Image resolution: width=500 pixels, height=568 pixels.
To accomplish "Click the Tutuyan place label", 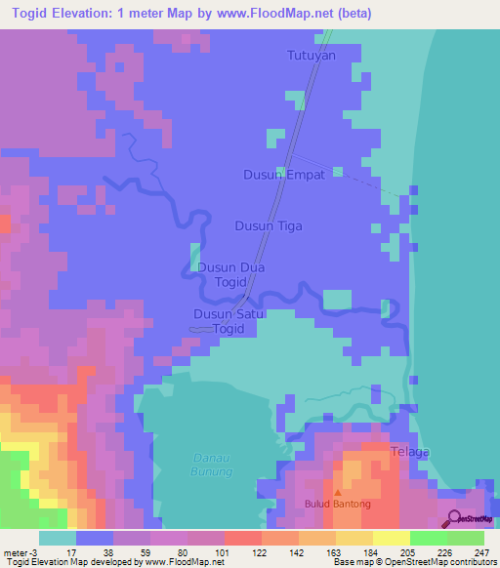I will pyautogui.click(x=312, y=57).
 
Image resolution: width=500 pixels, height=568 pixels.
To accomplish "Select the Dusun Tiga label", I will pyautogui.click(x=269, y=226).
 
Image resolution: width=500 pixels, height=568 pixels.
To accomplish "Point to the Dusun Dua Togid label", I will pyautogui.click(x=231, y=273).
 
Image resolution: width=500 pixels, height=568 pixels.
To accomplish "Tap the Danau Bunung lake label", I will pyautogui.click(x=210, y=466).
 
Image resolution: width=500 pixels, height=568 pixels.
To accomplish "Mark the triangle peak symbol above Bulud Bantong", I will pyautogui.click(x=338, y=493).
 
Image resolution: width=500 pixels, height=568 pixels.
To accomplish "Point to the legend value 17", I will pyautogui.click(x=70, y=551).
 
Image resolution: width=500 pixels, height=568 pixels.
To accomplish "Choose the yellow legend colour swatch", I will pyautogui.click(x=391, y=538).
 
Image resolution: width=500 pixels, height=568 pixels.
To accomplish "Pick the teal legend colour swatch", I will pyautogui.click(x=58, y=538).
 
